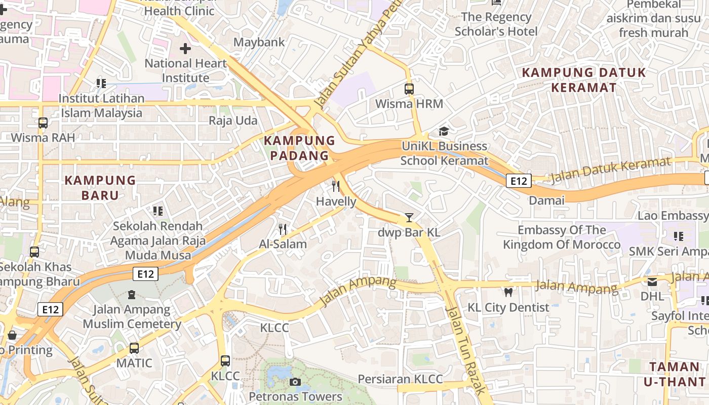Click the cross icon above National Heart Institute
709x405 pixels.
[x=185, y=49]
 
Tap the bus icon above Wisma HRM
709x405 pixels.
[x=409, y=89]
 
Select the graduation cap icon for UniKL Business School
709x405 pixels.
[x=444, y=132]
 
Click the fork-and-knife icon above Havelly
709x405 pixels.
[x=336, y=186]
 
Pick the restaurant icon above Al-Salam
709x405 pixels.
[x=283, y=229]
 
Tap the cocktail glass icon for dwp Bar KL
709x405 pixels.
[x=409, y=218]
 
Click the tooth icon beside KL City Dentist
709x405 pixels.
[x=508, y=292]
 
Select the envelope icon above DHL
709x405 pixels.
[x=652, y=281]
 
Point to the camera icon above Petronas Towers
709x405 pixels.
[x=295, y=382]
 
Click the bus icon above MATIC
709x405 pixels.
[x=134, y=348]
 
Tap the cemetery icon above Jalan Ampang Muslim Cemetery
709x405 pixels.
[x=132, y=294]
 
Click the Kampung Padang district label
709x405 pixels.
[x=300, y=148]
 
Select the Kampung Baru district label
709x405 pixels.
[x=100, y=187]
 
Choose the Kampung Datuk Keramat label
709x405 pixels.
[x=584, y=80]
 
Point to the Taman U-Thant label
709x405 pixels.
[x=674, y=374]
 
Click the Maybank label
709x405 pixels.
[x=259, y=42]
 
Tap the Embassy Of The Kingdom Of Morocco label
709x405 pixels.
[x=562, y=237]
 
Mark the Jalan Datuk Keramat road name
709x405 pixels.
[x=610, y=171]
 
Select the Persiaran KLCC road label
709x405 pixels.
[x=400, y=379]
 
